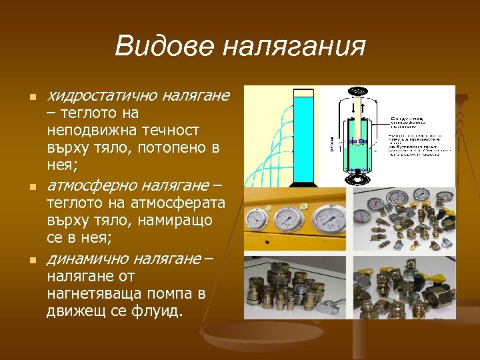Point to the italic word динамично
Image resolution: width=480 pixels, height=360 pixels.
coord(87,258)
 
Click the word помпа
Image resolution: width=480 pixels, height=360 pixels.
coord(166,293)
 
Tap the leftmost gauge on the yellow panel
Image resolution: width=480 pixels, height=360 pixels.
coord(257,220)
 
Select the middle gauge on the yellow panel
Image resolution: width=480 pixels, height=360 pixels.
coord(287,219)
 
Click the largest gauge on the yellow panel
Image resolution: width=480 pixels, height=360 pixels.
coord(327,218)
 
